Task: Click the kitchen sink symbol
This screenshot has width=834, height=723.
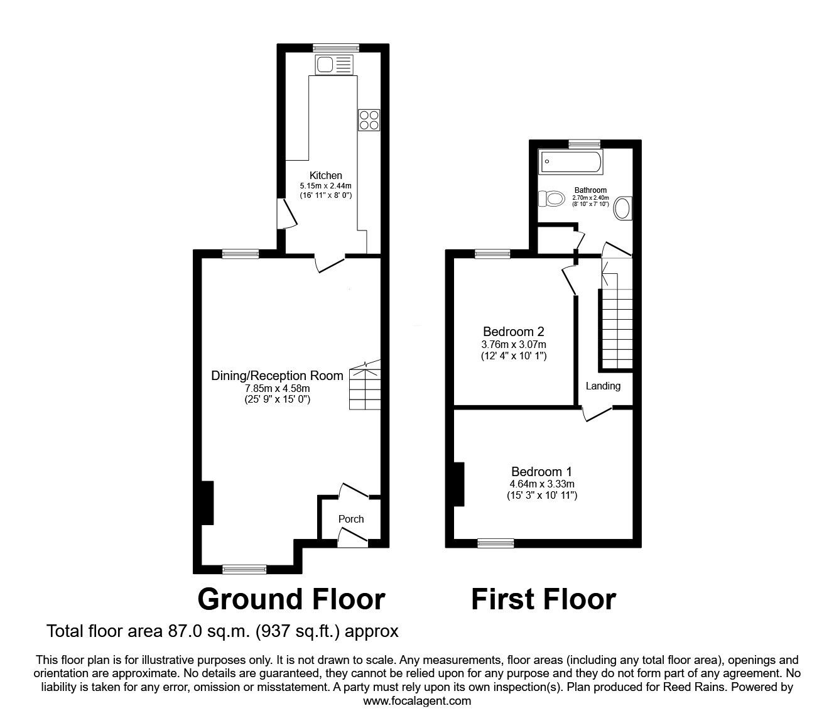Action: tap(335, 65)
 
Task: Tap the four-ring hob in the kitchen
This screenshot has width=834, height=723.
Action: tap(369, 119)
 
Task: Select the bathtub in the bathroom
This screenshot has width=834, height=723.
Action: tap(570, 163)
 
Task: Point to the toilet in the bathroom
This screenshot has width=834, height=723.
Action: tap(551, 199)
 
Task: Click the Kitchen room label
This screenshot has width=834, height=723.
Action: tap(325, 175)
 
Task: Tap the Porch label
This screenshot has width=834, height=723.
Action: tap(351, 519)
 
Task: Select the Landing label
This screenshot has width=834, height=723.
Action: tap(603, 386)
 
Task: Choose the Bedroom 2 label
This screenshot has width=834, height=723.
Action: tap(513, 332)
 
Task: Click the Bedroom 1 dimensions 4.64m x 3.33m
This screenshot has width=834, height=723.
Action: tap(542, 484)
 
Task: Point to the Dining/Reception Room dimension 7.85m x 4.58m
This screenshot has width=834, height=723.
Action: tap(277, 388)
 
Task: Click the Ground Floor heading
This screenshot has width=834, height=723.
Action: tap(291, 599)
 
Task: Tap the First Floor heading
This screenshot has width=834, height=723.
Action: tap(543, 599)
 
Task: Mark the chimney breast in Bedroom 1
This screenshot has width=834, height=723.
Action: tap(459, 484)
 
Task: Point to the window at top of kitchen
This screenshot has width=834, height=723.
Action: tap(336, 47)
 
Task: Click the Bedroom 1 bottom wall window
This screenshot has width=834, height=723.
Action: tap(496, 543)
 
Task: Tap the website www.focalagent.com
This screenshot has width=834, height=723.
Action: tap(417, 701)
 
